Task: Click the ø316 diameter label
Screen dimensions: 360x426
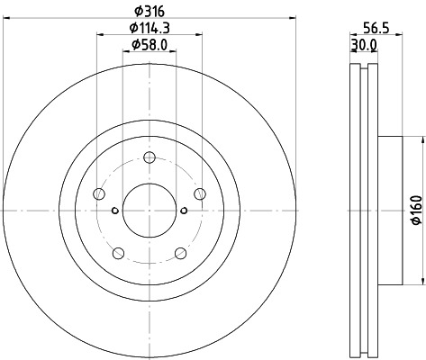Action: coord(149,10)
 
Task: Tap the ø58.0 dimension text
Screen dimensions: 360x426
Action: coord(149,44)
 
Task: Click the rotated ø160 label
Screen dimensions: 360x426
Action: coord(416,210)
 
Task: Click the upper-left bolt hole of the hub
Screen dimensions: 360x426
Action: coord(99,193)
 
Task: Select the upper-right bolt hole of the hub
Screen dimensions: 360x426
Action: coord(199,193)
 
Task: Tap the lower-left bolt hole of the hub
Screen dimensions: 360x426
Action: coord(118,252)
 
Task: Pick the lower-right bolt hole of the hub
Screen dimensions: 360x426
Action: coord(180,252)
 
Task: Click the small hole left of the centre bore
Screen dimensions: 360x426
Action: coord(114,211)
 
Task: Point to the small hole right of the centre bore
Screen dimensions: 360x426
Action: coord(183,211)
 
